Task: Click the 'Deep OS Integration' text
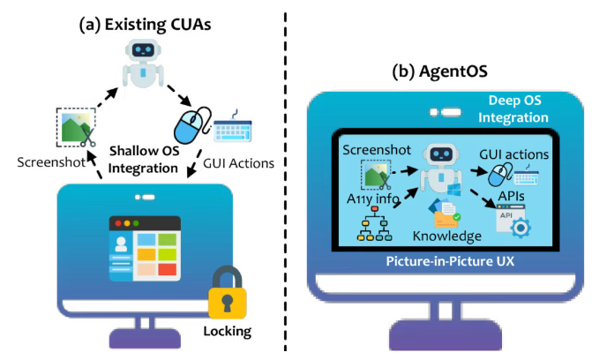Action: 504,109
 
